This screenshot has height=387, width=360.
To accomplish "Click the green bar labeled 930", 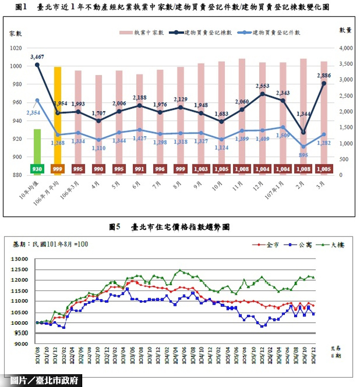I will coord(37,149).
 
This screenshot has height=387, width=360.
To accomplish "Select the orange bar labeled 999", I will coord(58,118).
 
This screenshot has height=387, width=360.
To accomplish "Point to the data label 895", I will coord(303,155).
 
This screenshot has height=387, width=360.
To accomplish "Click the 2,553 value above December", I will coord(263,86).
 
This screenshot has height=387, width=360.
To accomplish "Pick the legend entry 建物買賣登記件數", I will coord(269,32).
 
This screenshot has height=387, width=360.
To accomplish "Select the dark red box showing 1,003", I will coord(201,169).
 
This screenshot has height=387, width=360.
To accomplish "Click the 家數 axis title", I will coord(15,33).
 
